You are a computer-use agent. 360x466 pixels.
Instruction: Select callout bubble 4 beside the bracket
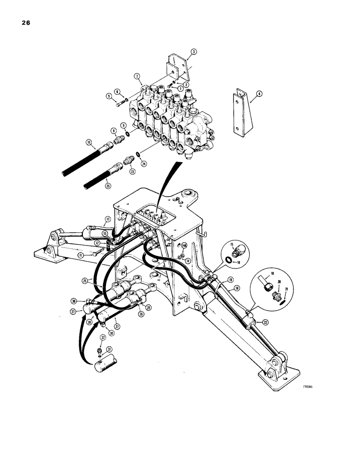tap(259, 93)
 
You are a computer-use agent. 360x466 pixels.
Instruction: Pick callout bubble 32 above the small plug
tap(103, 337)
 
